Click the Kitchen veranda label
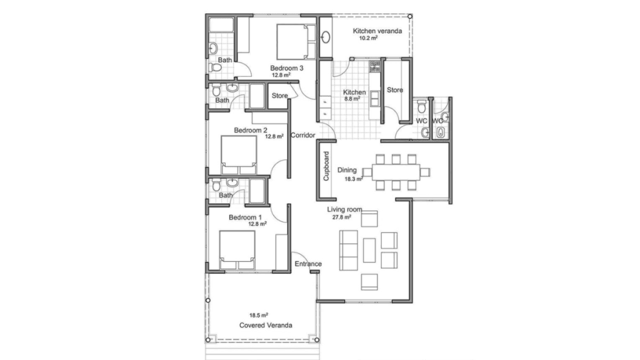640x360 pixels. (377, 31)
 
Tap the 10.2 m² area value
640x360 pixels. (368, 38)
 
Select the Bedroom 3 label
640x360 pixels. (286, 68)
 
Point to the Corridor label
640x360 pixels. (303, 135)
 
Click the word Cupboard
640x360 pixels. (326, 166)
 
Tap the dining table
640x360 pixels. (396, 172)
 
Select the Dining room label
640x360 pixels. (347, 170)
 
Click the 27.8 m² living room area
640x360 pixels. (342, 217)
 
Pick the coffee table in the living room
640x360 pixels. (369, 250)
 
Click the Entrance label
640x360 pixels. (308, 264)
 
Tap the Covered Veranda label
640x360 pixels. (266, 325)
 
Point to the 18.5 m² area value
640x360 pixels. (259, 316)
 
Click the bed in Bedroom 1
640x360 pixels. (237, 250)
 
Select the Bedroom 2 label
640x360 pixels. (251, 130)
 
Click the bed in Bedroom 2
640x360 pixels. (239, 155)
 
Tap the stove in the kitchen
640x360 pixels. (375, 66)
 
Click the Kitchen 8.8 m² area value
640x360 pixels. (352, 99)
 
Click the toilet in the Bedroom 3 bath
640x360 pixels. (215, 67)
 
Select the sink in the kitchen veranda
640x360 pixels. (325, 37)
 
